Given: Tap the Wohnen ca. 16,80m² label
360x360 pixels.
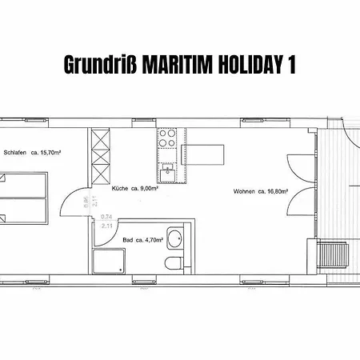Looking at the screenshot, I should point(261,191).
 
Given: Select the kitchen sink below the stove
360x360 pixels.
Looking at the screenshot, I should point(169,173).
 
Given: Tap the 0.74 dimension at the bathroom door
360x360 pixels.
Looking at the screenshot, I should point(106,218).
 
